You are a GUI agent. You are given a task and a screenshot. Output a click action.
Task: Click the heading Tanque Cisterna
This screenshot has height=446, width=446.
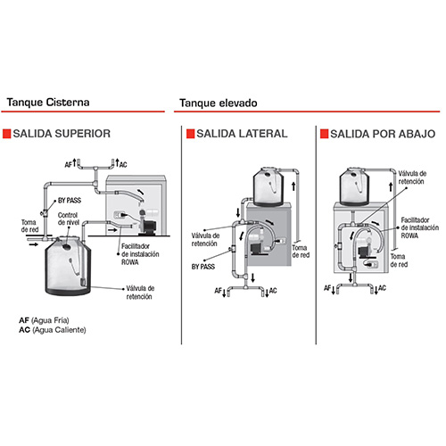tap(48, 103)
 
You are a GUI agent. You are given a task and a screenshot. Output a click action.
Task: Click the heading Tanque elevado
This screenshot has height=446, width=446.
tap(219, 103)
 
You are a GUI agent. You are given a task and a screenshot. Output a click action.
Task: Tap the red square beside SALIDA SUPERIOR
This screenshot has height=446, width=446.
tap(6, 134)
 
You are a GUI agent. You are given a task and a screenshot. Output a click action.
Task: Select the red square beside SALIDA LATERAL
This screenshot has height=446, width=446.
tap(190, 134)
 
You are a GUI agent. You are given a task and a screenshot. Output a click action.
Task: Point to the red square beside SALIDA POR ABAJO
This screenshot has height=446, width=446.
tap(324, 134)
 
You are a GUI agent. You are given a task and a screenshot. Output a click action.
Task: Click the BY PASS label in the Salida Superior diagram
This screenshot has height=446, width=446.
tap(70, 201)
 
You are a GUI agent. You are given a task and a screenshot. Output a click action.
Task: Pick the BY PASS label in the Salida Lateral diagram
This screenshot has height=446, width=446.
tap(203, 267)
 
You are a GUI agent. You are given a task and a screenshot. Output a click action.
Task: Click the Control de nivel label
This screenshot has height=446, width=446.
tap(68, 219)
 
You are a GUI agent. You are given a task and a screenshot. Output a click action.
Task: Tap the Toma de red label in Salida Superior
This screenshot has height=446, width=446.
tap(29, 226)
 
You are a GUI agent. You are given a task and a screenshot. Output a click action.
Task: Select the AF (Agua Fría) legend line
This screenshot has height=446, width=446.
tap(44, 320)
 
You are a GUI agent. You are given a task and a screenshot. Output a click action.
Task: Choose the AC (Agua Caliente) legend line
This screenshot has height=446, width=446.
tap(53, 330)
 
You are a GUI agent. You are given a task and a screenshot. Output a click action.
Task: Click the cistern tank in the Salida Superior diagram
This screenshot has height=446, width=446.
tap(68, 266)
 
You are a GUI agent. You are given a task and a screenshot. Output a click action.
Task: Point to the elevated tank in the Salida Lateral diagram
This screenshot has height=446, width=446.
tap(268, 186)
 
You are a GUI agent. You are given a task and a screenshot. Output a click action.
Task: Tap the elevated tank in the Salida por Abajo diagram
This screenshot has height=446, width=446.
tap(354, 186)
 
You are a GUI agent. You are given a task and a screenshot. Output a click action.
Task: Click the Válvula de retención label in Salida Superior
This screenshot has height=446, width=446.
tap(140, 293)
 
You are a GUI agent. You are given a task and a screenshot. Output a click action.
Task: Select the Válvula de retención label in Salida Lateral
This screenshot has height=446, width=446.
tap(205, 240)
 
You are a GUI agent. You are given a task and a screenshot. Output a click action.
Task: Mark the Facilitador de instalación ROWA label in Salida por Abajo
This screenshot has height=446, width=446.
tap(419, 227)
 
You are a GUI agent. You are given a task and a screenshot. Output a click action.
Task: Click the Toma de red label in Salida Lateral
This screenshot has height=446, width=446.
tap(301, 252)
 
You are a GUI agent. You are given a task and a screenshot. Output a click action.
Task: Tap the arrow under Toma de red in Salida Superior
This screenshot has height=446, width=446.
tap(33, 244)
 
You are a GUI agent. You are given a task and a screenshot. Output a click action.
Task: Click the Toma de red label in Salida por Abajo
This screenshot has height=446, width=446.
tap(399, 260)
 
